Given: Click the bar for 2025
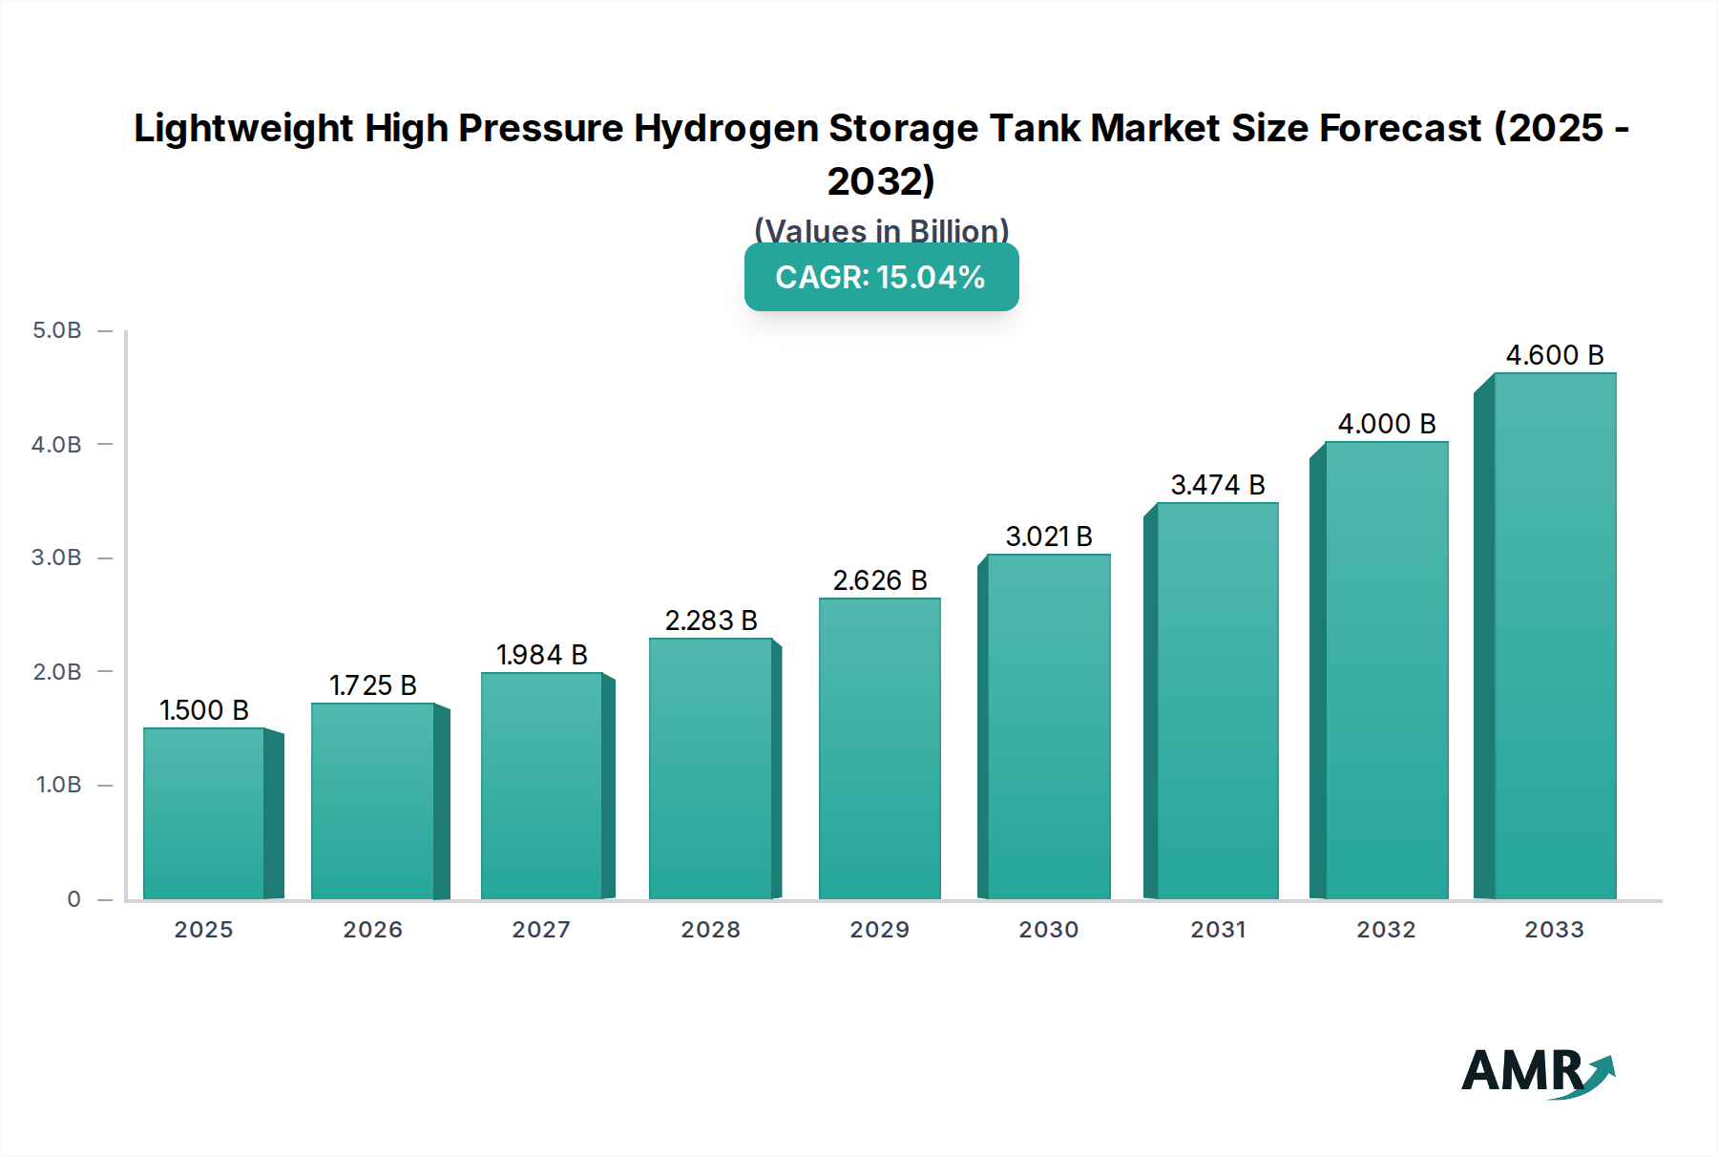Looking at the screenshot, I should click(x=204, y=813).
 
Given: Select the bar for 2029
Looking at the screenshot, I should click(x=880, y=748).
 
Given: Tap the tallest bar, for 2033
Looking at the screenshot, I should click(x=1555, y=636).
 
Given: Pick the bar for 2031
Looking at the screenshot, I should click(x=1217, y=701).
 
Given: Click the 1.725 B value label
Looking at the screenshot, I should click(x=373, y=685).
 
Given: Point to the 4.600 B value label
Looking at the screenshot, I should click(x=1555, y=355).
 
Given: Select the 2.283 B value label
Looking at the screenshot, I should click(x=711, y=621).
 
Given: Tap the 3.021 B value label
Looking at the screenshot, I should click(x=1049, y=536).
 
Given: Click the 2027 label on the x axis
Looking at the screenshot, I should click(x=541, y=930).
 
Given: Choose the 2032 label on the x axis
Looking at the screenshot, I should click(x=1386, y=930).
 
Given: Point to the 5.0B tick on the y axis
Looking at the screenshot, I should click(x=57, y=330).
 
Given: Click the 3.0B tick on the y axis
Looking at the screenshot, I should click(x=57, y=557).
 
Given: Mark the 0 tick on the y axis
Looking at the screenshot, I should click(x=73, y=899).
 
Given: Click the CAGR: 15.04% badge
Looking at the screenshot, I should click(x=881, y=277).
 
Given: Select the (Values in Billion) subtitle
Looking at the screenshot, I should click(x=881, y=230).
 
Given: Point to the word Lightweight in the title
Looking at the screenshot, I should click(x=243, y=128).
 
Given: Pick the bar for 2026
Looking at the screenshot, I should click(x=373, y=801).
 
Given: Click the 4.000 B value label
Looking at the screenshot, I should click(x=1387, y=424).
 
